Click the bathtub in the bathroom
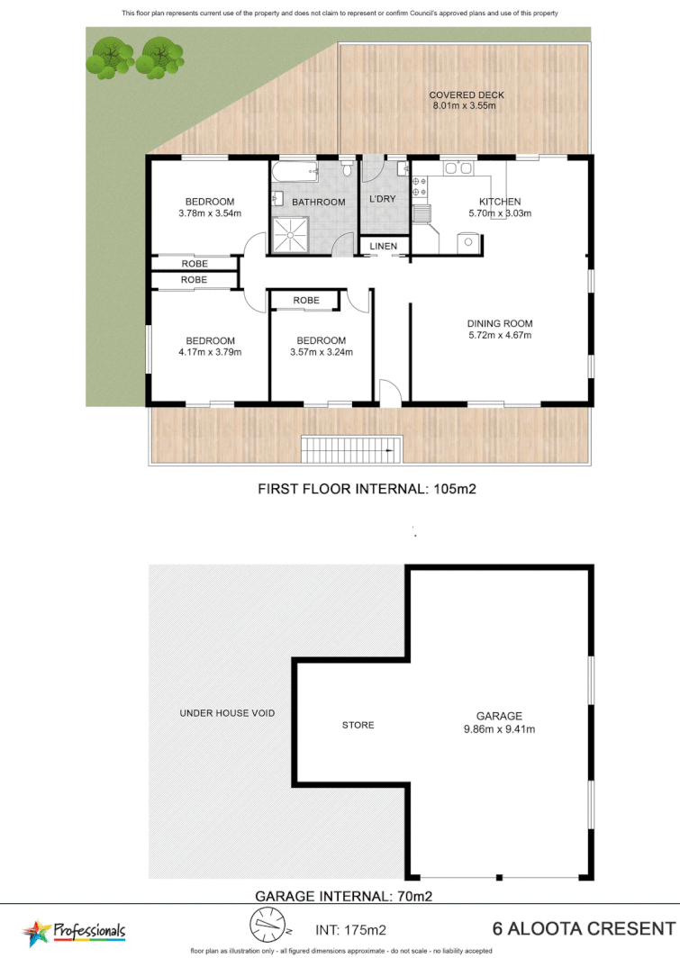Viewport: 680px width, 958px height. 295,171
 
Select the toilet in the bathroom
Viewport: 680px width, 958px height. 346,169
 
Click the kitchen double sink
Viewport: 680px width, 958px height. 458,167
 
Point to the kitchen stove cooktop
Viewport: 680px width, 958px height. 419,186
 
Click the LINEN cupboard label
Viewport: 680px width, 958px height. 383,246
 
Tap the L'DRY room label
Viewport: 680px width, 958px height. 383,199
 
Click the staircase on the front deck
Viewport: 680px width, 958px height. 351,447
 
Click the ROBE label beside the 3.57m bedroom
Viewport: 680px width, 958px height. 306,301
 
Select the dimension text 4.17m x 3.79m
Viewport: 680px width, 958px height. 210,352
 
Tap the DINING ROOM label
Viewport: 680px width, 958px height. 499,324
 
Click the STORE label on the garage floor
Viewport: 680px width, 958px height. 358,725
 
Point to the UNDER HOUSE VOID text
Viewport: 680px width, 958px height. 227,713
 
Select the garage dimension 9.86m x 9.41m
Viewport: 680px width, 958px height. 499,729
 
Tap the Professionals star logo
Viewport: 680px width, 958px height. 37,932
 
